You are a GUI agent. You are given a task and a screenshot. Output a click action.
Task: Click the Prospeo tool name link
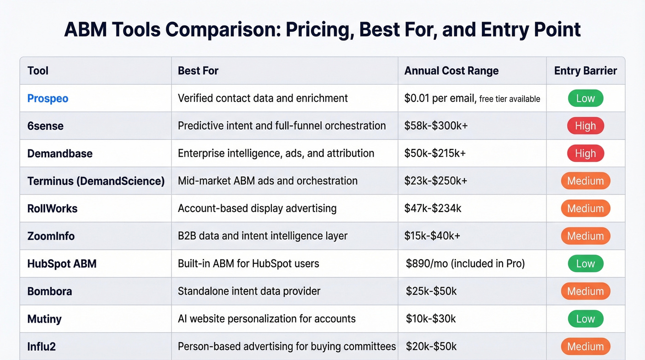pyautogui.click(x=47, y=98)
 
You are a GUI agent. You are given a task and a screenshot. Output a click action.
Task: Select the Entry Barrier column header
pyautogui.click(x=585, y=71)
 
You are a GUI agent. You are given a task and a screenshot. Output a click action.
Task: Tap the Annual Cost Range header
pyautogui.click(x=451, y=71)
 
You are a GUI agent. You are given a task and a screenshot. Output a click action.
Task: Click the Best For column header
pyautogui.click(x=198, y=71)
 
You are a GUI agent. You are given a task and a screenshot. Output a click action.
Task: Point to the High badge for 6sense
pyautogui.click(x=585, y=126)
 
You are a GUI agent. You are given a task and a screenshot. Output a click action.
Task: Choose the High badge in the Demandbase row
pyautogui.click(x=585, y=153)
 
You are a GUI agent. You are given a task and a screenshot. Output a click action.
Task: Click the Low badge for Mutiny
pyautogui.click(x=585, y=319)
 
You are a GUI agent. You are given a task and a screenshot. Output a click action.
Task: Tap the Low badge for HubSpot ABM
pyautogui.click(x=585, y=264)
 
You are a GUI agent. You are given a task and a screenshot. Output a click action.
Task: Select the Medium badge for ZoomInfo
pyautogui.click(x=585, y=236)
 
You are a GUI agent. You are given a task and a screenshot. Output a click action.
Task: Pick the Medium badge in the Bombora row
pyautogui.click(x=585, y=291)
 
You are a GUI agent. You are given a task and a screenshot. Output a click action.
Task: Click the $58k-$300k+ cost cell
pyautogui.click(x=436, y=126)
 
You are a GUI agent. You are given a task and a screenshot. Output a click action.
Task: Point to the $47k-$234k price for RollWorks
pyautogui.click(x=433, y=208)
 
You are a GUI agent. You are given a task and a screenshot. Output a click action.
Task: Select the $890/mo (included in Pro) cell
pyautogui.click(x=465, y=264)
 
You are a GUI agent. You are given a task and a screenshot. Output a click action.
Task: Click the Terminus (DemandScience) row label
pyautogui.click(x=96, y=181)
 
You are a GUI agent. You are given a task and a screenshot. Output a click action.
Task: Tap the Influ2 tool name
pyautogui.click(x=41, y=347)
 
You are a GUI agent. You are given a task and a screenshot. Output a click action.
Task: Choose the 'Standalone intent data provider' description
pyautogui.click(x=249, y=291)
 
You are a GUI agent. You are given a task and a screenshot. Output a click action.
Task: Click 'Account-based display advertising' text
pyautogui.click(x=257, y=208)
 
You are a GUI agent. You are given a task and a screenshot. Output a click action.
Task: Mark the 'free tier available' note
pyautogui.click(x=510, y=99)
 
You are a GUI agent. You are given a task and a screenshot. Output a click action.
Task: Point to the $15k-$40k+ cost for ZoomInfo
pyautogui.click(x=433, y=236)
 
